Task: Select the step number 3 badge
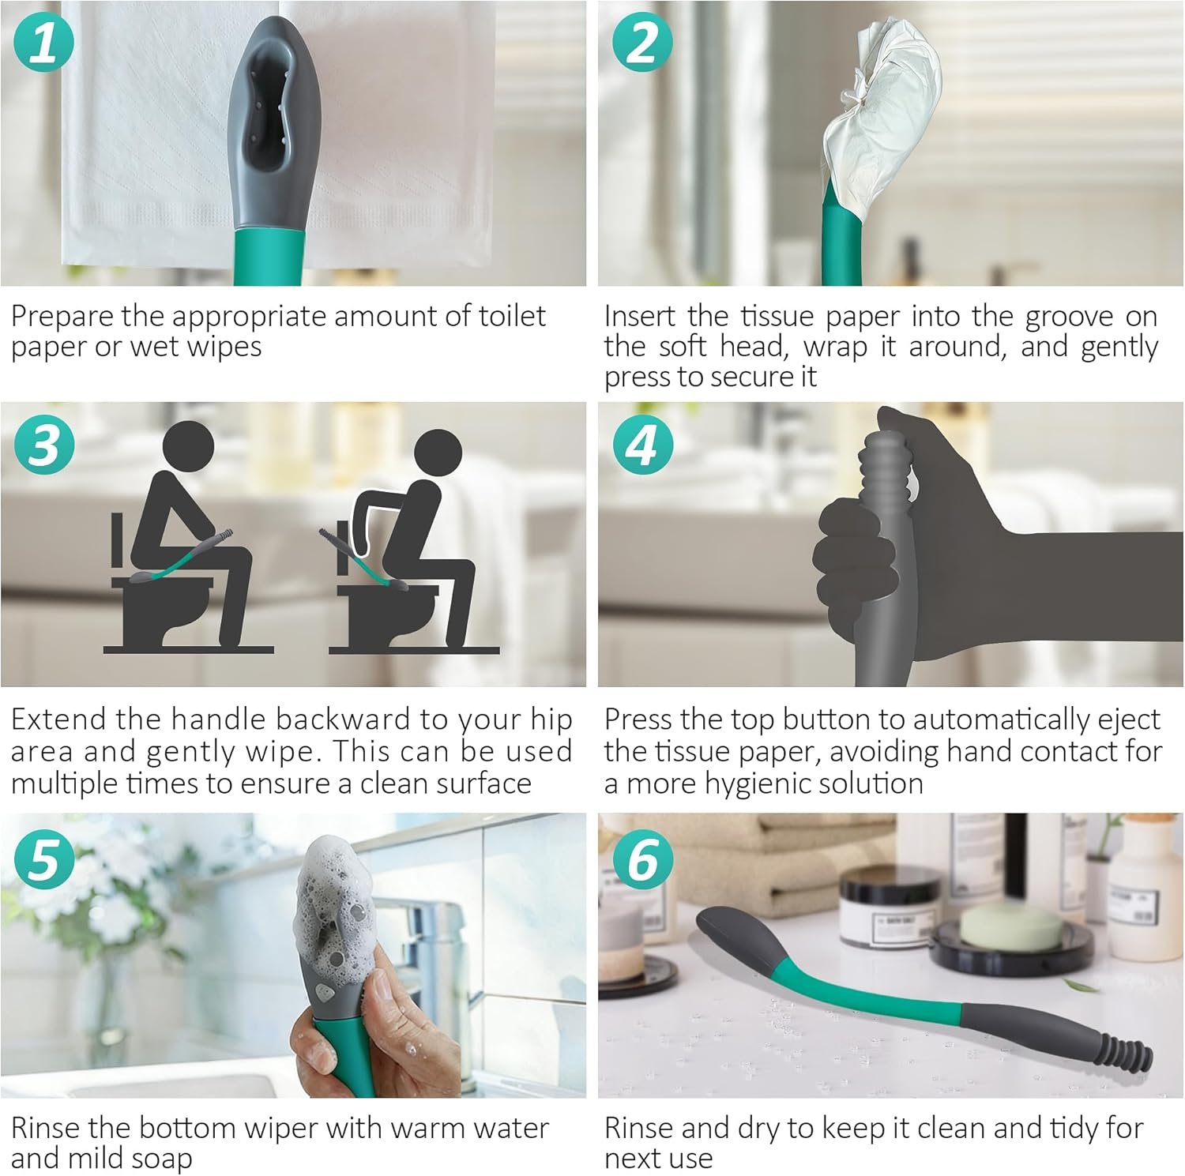pyautogui.click(x=44, y=445)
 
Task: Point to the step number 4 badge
pyautogui.click(x=642, y=445)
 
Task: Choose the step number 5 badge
pyautogui.click(x=44, y=859)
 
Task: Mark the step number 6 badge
pyautogui.click(x=642, y=859)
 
